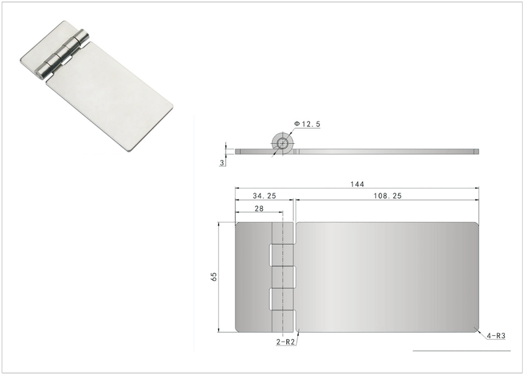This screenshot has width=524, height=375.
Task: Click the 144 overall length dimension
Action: point(357,184)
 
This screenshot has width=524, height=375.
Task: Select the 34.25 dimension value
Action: point(265,196)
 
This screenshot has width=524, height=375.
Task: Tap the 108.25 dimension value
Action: point(387,196)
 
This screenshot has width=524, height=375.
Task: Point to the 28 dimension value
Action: point(259,208)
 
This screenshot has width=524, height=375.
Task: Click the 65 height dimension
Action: point(214,276)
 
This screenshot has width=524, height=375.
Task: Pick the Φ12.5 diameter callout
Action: point(307,124)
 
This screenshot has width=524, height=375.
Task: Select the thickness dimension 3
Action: point(221,163)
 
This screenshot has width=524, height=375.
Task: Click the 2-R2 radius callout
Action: point(286,342)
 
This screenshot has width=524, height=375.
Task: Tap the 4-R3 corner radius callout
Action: point(496,336)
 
